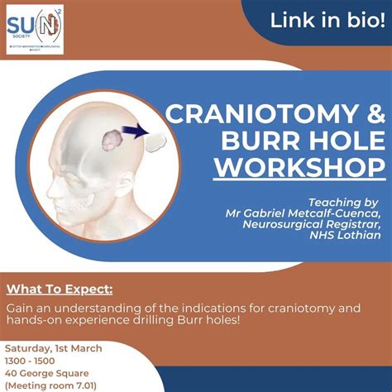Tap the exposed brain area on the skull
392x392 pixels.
111,137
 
